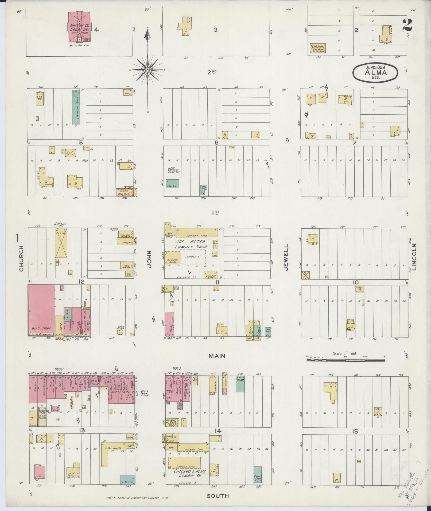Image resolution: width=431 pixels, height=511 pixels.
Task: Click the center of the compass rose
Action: (x=147, y=70)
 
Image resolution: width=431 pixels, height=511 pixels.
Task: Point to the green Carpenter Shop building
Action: (x=76, y=107)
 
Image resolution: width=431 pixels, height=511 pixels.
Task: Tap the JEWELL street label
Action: (x=286, y=258)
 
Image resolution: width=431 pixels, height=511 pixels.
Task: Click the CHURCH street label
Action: (x=21, y=258)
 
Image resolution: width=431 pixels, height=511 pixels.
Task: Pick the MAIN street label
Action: (x=217, y=356)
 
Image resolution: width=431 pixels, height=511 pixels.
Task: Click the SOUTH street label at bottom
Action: (x=218, y=496)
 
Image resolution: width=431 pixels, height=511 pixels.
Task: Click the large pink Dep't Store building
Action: (x=41, y=310)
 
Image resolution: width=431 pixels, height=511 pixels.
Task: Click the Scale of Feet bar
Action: (x=345, y=360)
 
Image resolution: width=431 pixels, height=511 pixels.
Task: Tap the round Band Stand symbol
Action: (x=120, y=331)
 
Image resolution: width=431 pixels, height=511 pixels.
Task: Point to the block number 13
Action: (x=81, y=430)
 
